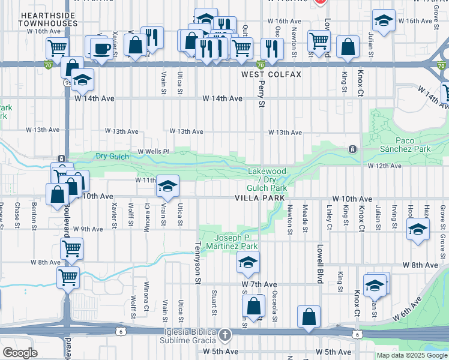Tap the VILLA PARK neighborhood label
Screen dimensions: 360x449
(x=259, y=197)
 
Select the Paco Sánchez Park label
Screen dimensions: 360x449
(x=405, y=145)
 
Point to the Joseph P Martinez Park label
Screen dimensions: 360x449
(x=237, y=242)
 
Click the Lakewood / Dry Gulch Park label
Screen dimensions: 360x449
(x=268, y=179)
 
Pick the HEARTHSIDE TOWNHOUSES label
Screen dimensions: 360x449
(x=40, y=19)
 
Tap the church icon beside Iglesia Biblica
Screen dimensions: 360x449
(x=224, y=335)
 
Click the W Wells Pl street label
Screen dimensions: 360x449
(x=154, y=152)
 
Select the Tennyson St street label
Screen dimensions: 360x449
(x=197, y=262)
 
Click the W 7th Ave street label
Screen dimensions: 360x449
(x=259, y=284)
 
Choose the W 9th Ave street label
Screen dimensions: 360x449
(x=88, y=229)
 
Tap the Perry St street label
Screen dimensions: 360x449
(x=261, y=95)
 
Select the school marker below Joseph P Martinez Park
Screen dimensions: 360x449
(x=247, y=262)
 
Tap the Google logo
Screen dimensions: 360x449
(x=20, y=353)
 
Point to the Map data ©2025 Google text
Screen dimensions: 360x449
(x=412, y=355)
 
